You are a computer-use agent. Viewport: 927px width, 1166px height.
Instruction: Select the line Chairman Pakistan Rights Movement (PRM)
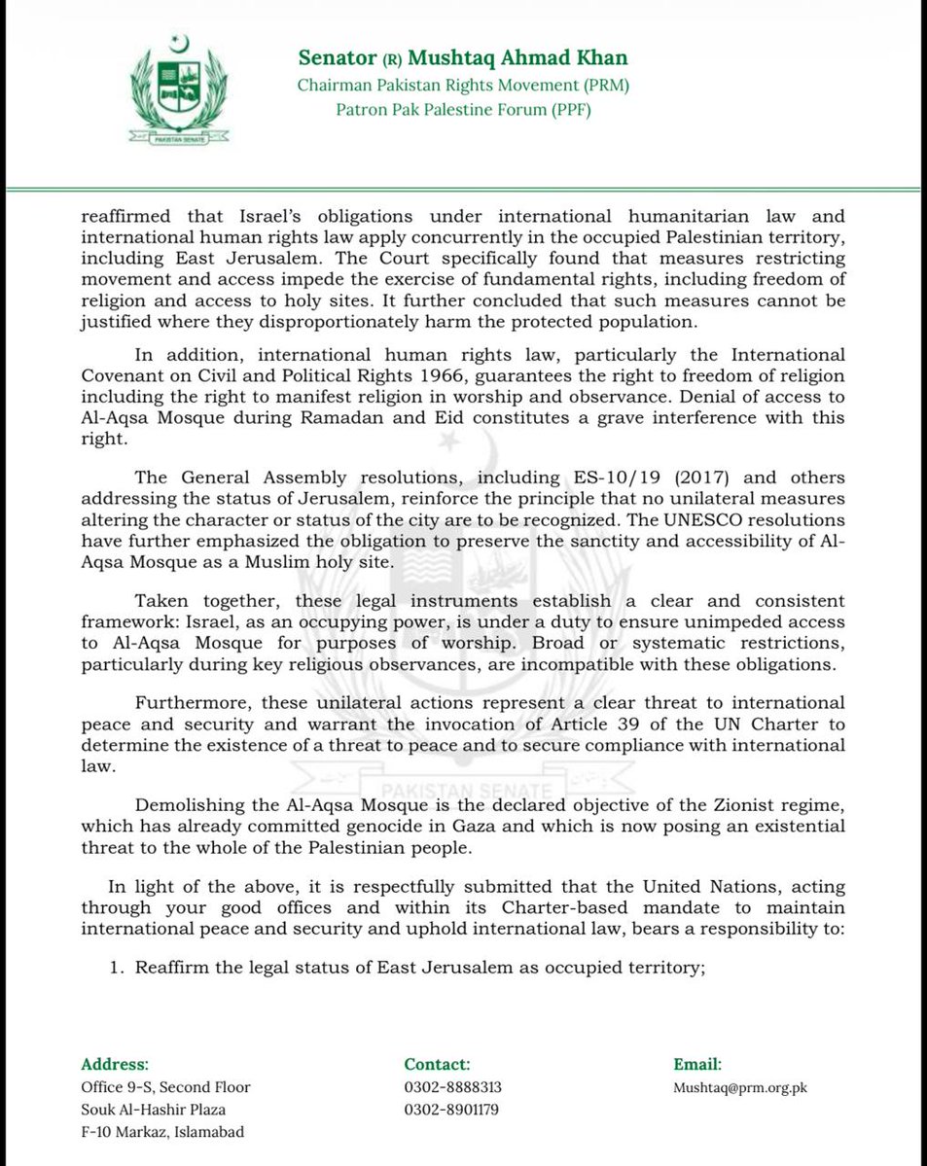[463, 86]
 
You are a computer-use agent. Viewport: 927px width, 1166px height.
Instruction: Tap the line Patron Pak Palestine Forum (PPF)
[463, 109]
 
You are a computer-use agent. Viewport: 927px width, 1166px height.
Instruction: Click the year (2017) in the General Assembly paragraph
[675, 477]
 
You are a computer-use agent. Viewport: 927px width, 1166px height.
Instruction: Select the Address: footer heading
[115, 1064]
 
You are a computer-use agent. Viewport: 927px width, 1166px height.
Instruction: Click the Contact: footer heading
[438, 1064]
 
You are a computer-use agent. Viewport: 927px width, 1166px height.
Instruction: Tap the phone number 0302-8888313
[452, 1087]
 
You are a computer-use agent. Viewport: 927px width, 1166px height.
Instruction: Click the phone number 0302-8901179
[452, 1110]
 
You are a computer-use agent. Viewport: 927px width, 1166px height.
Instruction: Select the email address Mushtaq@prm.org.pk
[741, 1087]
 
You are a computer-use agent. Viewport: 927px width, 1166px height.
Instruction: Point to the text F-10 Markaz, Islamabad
[162, 1132]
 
